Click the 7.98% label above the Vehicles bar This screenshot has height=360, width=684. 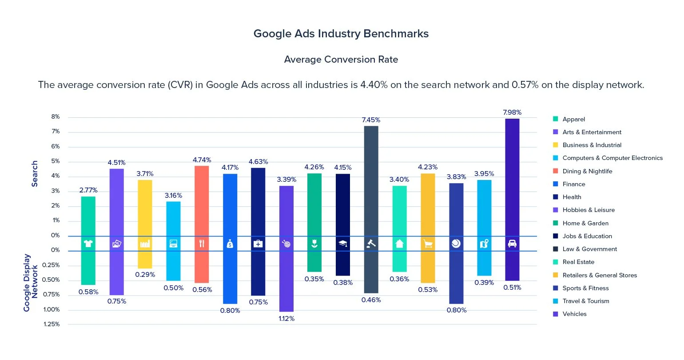point(512,112)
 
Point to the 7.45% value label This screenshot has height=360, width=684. point(371,120)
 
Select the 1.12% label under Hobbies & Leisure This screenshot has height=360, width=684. point(286,319)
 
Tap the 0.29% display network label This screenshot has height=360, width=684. point(145,275)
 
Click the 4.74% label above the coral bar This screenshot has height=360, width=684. point(202,160)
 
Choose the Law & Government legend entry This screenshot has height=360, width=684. point(589,249)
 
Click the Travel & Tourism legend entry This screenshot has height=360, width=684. point(585,301)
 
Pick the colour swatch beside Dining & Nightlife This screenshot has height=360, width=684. point(555,171)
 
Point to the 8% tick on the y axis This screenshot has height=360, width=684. point(56,117)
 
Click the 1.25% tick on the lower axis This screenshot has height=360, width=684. point(52,324)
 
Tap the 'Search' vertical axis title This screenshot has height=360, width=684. point(35,174)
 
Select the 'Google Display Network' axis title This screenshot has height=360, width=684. point(31,283)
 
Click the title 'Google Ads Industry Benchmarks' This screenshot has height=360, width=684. point(341,34)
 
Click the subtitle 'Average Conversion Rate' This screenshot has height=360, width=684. point(341,60)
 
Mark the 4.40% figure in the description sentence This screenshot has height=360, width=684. point(374,85)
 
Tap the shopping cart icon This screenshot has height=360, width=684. point(428,244)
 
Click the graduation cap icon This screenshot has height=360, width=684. point(343,244)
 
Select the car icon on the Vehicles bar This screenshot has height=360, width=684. point(512,244)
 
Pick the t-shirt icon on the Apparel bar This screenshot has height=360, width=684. point(88,244)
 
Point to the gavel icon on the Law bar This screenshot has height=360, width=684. point(371,244)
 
